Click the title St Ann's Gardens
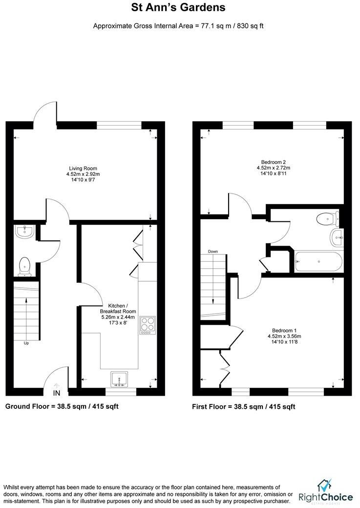click(178, 7)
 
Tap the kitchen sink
click(120, 379)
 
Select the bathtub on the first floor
click(318, 262)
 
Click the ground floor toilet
click(25, 266)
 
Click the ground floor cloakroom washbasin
click(23, 233)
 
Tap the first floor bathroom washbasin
click(337, 238)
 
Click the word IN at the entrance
click(57, 393)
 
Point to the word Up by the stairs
click(26, 343)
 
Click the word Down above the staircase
click(213, 251)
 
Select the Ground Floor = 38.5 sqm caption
click(62, 406)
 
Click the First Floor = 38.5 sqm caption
click(244, 406)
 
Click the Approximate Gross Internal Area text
click(178, 25)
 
